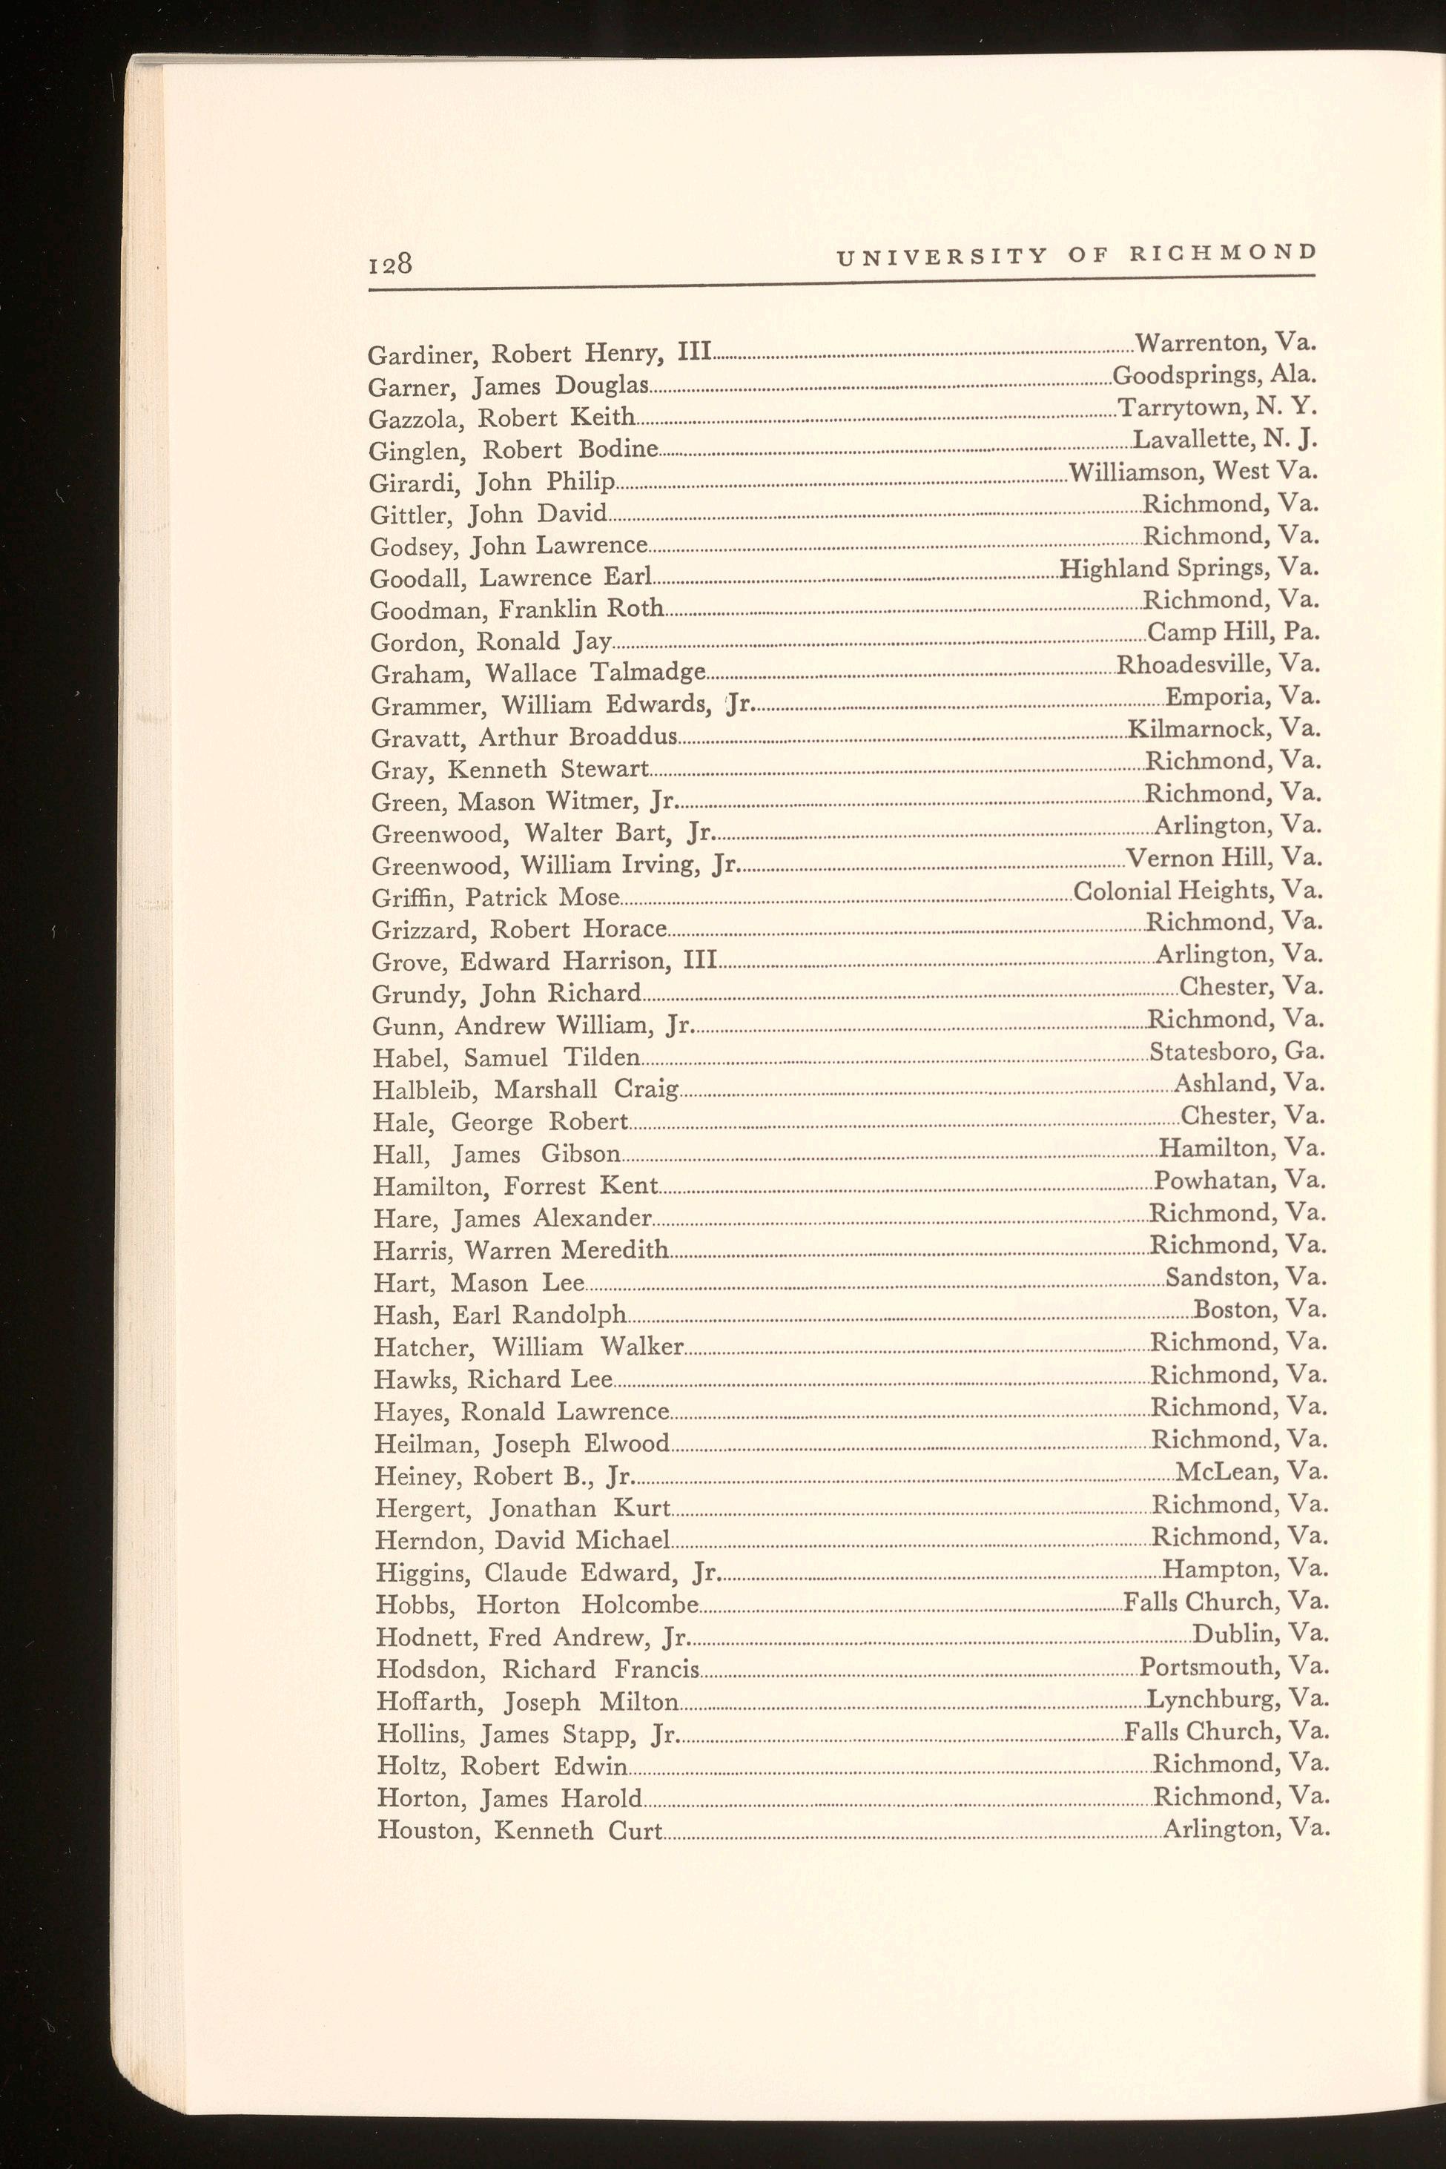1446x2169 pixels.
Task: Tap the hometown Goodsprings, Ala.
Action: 1214,375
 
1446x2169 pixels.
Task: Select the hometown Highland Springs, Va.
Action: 1189,568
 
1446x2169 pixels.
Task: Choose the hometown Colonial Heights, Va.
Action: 1198,891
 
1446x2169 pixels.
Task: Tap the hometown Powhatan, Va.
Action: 1239,1181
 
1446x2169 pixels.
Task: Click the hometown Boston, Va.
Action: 1260,1310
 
